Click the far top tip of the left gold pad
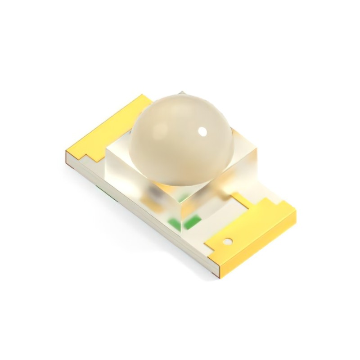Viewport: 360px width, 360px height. [143, 96]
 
